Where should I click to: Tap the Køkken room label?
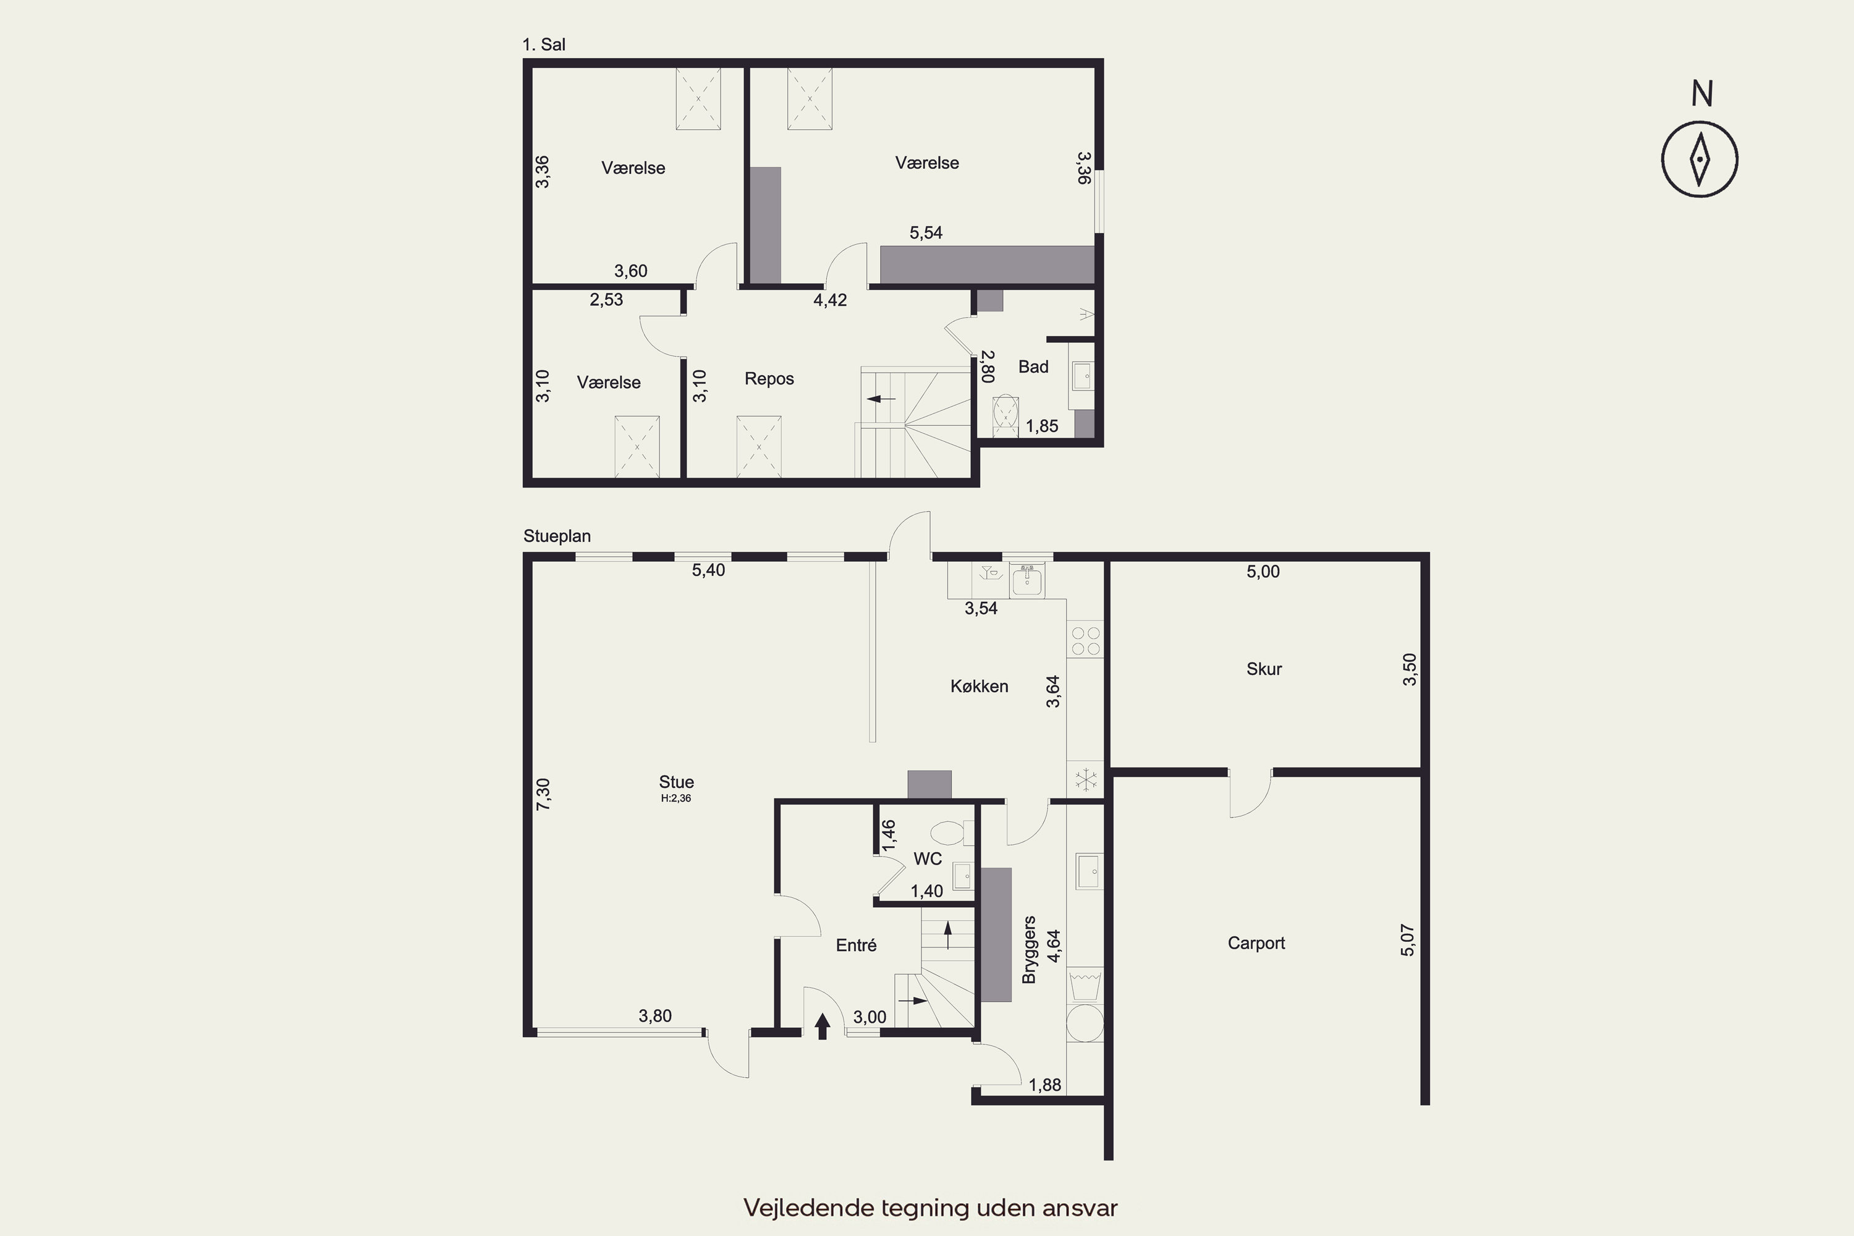pos(979,687)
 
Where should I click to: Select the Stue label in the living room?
pos(676,782)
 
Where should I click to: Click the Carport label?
pos(1256,944)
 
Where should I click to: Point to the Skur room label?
pos(1264,669)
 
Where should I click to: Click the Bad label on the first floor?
pos(1033,366)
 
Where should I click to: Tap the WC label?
pos(928,858)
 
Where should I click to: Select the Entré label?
pos(856,945)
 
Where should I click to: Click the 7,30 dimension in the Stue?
pos(543,794)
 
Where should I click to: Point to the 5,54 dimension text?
pos(926,232)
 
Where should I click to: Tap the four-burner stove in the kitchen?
pos(1085,640)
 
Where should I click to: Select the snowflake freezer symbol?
pos(1086,779)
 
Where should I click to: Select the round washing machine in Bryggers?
pos(1085,1024)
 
